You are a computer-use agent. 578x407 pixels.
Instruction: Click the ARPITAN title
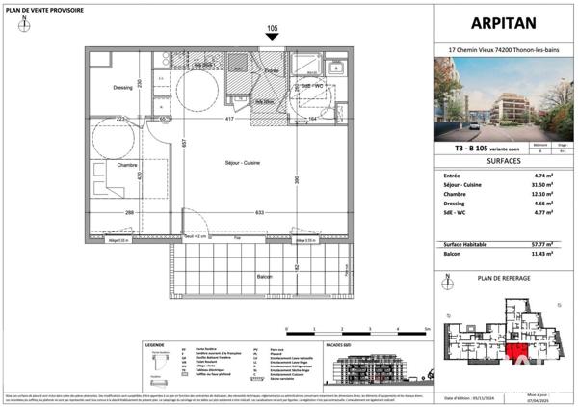point(501,24)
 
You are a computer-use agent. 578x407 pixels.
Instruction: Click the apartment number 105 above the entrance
point(273,29)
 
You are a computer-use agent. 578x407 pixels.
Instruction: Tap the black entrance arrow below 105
point(273,38)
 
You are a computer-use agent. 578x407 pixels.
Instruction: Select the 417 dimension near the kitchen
point(229,119)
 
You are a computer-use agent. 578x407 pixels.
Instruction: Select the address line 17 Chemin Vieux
point(501,49)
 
